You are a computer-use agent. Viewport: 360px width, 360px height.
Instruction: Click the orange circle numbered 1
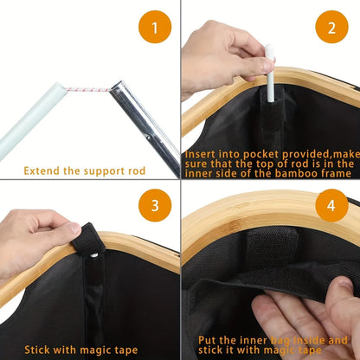[x=156, y=30]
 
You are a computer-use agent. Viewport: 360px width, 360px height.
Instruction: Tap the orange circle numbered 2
[x=331, y=30]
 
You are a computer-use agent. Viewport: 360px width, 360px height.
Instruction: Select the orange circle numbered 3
[x=156, y=205]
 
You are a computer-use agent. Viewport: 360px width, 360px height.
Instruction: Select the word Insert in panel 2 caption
[x=203, y=153]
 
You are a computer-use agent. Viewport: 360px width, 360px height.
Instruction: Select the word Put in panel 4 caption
[x=208, y=340]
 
